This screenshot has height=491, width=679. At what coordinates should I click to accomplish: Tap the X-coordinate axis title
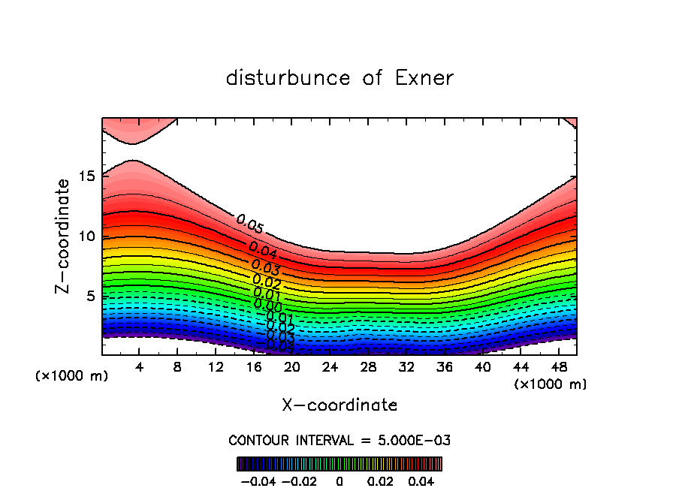pos(339,405)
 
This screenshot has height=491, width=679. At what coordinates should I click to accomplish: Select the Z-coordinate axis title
pos(63,236)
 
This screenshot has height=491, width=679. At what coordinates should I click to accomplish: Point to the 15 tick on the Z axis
pos(87,176)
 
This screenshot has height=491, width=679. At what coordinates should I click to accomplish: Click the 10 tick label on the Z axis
pos(87,236)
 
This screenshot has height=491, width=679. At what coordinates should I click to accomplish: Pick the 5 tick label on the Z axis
pos(92,296)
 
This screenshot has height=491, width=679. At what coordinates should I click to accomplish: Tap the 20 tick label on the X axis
pos(292,366)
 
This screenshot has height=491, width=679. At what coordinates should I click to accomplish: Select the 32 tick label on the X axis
pos(406,366)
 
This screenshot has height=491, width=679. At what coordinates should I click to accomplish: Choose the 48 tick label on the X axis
pos(559,366)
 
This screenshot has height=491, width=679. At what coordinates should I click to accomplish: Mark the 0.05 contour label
pos(249,224)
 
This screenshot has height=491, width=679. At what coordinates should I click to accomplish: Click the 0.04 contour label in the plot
pos(262,250)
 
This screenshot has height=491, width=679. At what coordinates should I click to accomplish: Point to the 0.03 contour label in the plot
pos(266,267)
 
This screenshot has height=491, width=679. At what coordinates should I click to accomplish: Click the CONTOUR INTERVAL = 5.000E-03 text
pos(339,440)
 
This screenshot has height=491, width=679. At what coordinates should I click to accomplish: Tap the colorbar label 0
pos(339,480)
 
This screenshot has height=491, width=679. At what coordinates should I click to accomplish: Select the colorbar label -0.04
pos(257,480)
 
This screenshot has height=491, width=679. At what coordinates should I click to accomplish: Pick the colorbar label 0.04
pos(421,480)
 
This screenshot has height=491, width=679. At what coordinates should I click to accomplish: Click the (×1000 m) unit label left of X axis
pos(72,375)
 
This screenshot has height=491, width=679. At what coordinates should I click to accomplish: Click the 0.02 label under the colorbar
pos(380,480)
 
